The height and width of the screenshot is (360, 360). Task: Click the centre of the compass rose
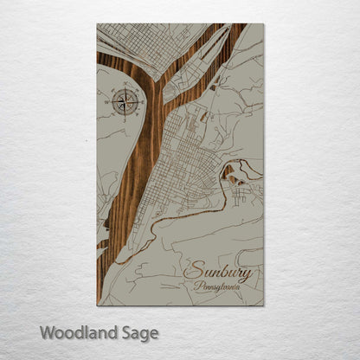pos(124,101)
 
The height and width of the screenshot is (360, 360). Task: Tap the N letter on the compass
pos(124,87)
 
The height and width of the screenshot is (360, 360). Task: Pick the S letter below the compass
pos(124,117)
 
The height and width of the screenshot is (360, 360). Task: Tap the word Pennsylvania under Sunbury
pos(221,285)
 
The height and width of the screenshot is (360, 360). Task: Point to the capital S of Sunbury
pos(191,271)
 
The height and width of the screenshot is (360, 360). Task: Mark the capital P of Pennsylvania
pos(198,285)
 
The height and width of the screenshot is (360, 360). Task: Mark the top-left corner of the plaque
pos(97,24)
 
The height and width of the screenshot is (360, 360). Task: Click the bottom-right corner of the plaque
pos(263,305)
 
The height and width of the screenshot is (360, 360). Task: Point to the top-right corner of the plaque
pos(263,24)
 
